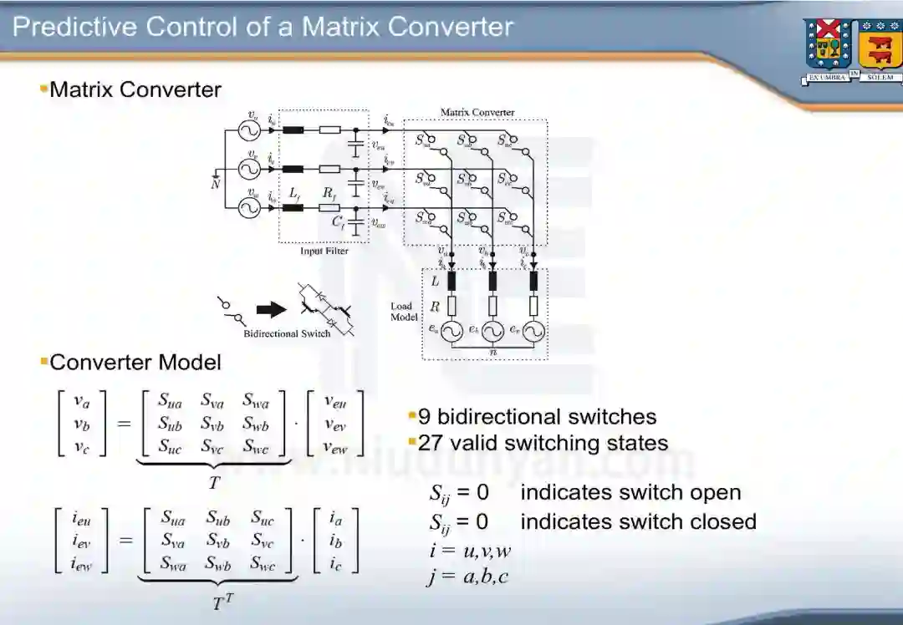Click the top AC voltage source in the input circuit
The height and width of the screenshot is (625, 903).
248,131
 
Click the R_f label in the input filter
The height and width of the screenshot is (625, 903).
329,193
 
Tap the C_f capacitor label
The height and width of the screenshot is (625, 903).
339,222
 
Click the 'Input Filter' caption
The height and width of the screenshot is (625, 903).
324,251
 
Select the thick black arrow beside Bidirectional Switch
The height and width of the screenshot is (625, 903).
271,309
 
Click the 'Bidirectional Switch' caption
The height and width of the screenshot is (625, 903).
287,334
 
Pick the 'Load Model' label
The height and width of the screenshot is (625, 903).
403,312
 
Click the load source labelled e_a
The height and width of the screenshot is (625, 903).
451,332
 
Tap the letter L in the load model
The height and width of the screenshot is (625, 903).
435,282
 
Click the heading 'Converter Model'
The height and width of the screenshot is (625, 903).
135,362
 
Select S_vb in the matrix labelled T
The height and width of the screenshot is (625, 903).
212,424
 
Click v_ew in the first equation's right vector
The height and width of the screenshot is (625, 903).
334,447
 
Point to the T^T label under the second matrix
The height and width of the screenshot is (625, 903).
222,602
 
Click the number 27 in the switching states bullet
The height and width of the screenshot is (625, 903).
429,443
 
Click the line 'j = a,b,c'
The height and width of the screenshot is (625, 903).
467,577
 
